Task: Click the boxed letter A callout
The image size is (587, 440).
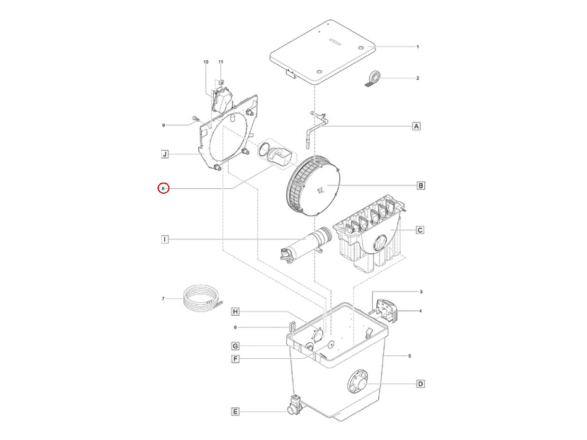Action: [417, 125]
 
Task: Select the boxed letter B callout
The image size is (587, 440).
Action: [420, 186]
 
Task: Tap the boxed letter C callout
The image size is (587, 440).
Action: [420, 230]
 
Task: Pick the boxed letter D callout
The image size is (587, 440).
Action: [420, 384]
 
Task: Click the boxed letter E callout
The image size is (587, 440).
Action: [235, 411]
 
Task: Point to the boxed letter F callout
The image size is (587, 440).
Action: [235, 359]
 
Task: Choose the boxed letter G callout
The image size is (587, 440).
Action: [235, 346]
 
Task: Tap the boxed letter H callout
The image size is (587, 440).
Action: [235, 312]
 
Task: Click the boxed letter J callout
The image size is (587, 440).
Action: [165, 154]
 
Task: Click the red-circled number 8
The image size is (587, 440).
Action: [163, 188]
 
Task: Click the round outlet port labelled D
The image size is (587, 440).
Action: [359, 382]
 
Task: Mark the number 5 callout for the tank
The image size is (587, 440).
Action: [409, 356]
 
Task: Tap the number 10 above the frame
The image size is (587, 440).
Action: [206, 61]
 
